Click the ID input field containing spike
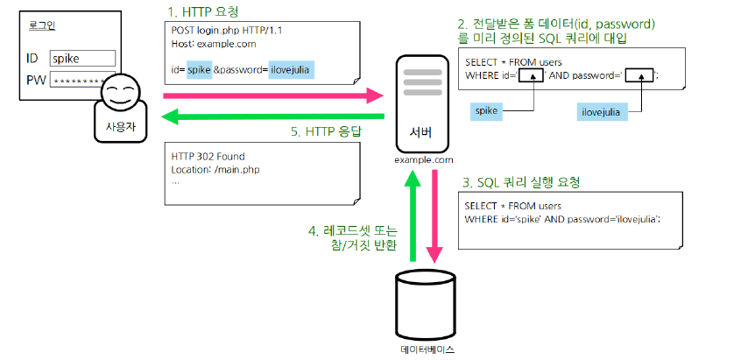(x=82, y=58)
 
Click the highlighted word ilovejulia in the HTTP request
(x=290, y=69)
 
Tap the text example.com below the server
(x=424, y=159)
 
